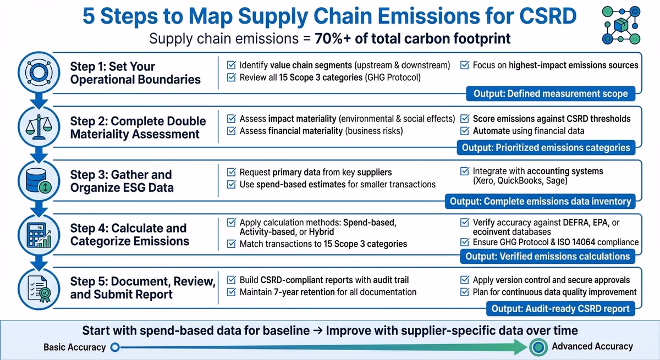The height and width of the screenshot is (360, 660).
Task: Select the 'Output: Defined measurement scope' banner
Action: pos(551,93)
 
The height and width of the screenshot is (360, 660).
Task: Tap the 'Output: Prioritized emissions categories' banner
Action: pos(546,147)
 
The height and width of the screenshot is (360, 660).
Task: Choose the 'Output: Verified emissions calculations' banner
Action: pos(547,256)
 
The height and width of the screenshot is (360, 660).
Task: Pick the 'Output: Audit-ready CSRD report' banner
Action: pos(560,308)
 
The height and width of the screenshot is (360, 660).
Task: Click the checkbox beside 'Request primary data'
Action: pos(231,173)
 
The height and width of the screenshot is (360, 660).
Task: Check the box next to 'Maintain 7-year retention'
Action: pos(231,292)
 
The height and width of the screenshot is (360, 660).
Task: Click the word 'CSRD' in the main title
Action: pos(539,16)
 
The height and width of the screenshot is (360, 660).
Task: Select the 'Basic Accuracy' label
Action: pos(75,347)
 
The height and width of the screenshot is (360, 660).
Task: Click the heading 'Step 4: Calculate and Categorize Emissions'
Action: pos(129,235)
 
